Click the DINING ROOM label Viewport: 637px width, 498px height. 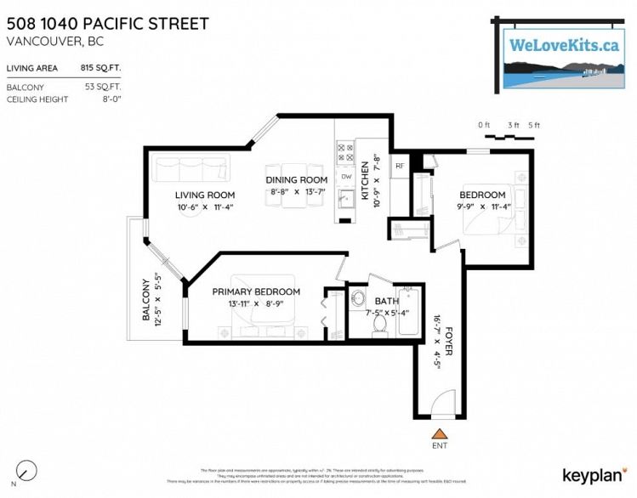(297, 179)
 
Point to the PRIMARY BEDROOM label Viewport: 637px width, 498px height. (256, 291)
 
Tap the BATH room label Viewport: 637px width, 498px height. (386, 301)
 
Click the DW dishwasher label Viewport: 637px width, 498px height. (346, 176)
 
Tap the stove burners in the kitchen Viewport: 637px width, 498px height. (346, 153)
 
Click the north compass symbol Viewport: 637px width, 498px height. (27, 470)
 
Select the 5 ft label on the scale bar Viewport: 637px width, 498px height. (534, 125)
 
